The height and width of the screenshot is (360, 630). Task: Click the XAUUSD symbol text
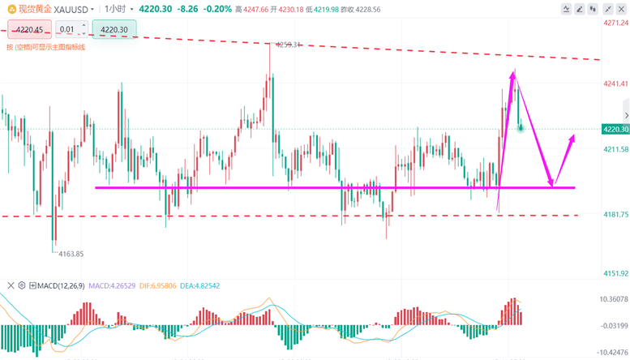[x=71, y=8]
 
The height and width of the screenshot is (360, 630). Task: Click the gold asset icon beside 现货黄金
[x=10, y=8]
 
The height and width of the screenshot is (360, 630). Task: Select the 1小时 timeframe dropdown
[x=115, y=8]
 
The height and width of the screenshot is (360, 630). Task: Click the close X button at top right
[x=619, y=9]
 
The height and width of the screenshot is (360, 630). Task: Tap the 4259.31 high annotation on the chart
[x=288, y=45]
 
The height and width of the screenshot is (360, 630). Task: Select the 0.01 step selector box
[x=67, y=30]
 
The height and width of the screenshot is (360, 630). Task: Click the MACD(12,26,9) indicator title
[x=62, y=285]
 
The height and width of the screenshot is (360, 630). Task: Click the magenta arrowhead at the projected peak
[x=512, y=75]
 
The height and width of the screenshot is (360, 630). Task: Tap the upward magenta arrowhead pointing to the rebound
[x=573, y=138]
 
